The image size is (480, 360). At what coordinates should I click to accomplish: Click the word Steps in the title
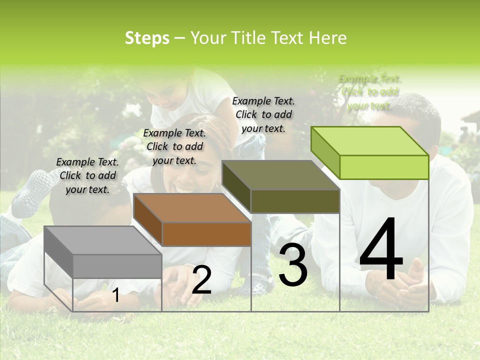[146, 38]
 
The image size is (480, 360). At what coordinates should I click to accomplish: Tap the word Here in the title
[327, 38]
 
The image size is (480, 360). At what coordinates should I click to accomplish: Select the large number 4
[381, 250]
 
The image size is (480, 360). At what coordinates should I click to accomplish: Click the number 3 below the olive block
[293, 265]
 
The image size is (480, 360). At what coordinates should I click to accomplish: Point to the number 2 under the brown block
[201, 280]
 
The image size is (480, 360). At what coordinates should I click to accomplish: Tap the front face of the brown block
[206, 234]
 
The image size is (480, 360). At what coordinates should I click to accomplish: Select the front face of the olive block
[295, 201]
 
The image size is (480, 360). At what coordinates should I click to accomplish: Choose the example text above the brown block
[174, 147]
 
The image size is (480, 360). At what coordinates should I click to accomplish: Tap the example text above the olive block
[263, 114]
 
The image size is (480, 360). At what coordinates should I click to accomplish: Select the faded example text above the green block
[370, 92]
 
